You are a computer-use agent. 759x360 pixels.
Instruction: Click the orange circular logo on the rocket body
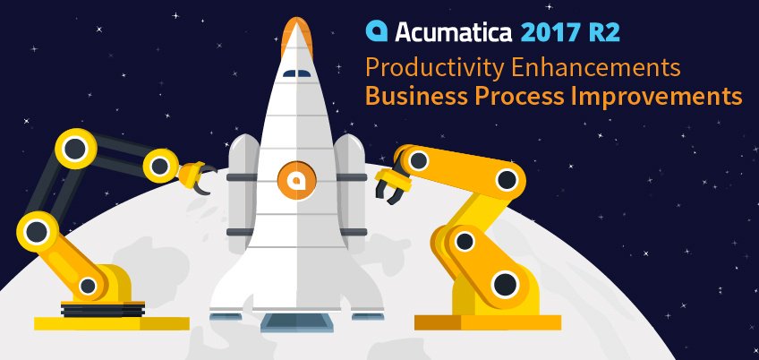292,179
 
